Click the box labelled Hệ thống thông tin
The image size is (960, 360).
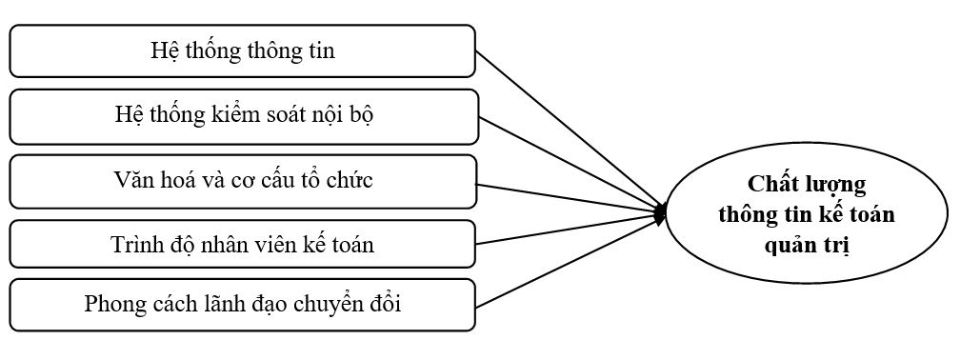click(x=242, y=50)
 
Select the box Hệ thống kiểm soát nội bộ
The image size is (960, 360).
click(x=242, y=116)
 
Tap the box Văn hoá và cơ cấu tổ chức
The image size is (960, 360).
click(x=242, y=181)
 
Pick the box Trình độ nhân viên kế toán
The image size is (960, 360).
click(x=242, y=244)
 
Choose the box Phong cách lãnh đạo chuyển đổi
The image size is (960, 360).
click(x=242, y=305)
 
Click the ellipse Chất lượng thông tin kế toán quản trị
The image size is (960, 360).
click(x=808, y=214)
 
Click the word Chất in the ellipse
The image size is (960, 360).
click(x=772, y=184)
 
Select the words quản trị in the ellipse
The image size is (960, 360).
click(x=807, y=245)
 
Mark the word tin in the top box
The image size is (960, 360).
click(x=321, y=50)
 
